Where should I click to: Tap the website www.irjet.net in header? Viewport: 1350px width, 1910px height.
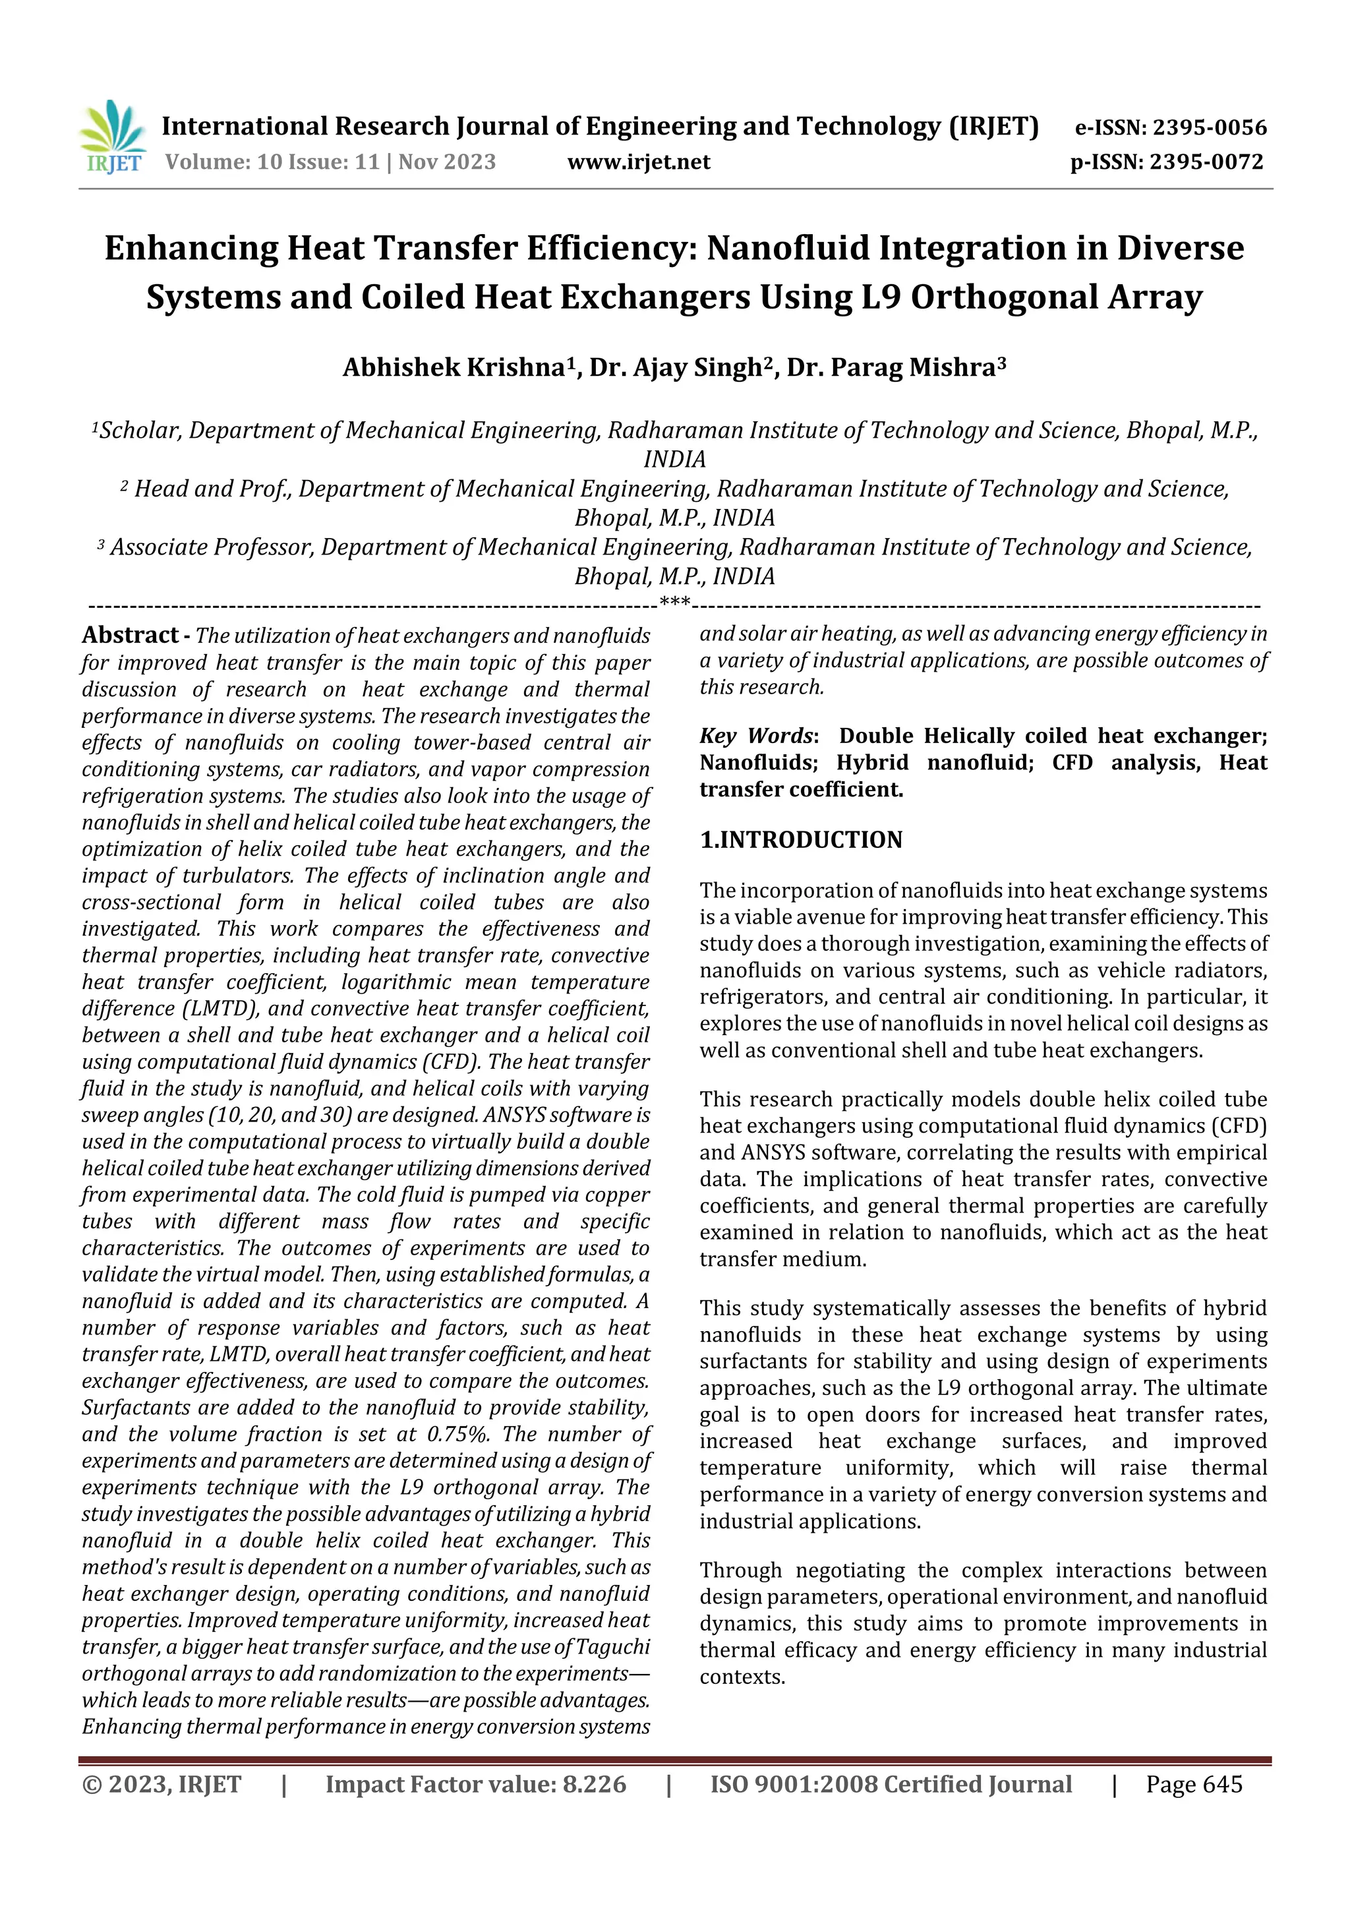point(638,162)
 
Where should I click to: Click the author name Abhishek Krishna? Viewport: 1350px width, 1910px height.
point(454,368)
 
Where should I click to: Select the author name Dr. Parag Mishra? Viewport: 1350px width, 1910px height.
point(891,368)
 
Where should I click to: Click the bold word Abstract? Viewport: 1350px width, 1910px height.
point(131,636)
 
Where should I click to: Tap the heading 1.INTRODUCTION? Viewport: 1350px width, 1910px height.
point(800,840)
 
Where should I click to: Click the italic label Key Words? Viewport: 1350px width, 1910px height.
point(755,736)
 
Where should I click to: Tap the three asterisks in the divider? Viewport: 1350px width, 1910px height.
point(674,601)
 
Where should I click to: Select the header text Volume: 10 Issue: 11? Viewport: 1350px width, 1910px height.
point(272,162)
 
